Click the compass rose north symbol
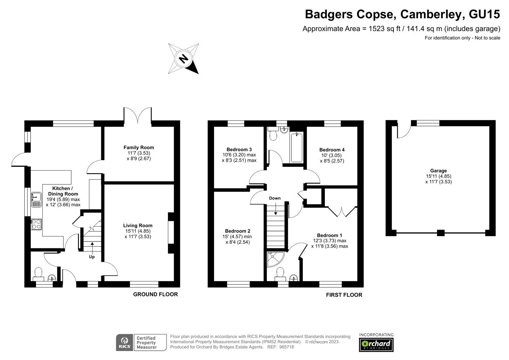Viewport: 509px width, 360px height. [x=183, y=59]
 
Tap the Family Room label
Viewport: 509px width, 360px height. [x=139, y=147]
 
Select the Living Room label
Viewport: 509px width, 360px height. [x=138, y=225]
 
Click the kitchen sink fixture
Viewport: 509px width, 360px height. [x=36, y=200]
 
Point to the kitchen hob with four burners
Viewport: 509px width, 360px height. [x=36, y=224]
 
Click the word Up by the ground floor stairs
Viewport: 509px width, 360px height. [x=92, y=257]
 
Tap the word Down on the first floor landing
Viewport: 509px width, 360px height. [x=275, y=198]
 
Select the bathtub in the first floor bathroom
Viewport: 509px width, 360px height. [x=296, y=148]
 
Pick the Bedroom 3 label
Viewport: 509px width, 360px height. [x=239, y=149]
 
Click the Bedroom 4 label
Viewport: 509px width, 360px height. [x=332, y=150]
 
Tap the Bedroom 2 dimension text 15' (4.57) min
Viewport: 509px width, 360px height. [x=237, y=236]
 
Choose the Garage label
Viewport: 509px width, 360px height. [x=438, y=171]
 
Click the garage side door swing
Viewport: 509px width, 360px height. [x=403, y=132]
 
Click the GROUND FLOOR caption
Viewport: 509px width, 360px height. [x=155, y=294]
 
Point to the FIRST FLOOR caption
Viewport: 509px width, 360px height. [x=344, y=295]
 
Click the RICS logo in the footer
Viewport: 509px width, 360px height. [x=124, y=342]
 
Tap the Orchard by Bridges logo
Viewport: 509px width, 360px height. [x=376, y=344]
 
